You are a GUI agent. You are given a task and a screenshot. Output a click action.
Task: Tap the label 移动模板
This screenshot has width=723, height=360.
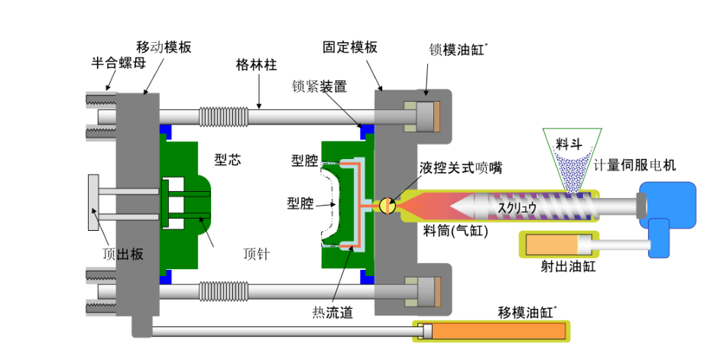tap(164, 47)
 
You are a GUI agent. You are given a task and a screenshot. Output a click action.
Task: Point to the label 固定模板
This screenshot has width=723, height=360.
tap(350, 47)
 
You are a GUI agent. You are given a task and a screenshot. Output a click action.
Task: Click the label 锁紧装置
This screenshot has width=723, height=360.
tap(319, 86)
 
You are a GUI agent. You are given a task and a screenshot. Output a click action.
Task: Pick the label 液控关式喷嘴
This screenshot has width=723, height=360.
tap(460, 168)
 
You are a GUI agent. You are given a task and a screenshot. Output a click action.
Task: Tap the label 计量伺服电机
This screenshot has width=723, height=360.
tap(635, 164)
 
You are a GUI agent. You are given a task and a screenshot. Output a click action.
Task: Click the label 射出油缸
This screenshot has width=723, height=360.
tap(568, 267)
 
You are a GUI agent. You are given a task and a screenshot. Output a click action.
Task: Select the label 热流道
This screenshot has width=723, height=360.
tap(333, 313)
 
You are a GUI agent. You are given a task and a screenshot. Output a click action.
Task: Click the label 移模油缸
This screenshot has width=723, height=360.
tap(527, 313)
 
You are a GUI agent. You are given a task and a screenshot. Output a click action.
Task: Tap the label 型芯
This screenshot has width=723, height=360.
tap(228, 160)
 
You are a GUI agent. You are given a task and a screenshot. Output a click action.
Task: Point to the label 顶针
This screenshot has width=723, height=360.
tap(257, 254)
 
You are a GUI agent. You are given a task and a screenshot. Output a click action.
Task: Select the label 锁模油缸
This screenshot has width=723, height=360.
tap(456, 50)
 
